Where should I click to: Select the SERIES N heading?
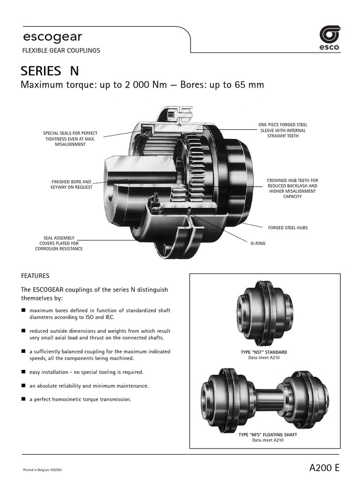(x=50, y=71)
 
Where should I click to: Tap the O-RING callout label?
(x=258, y=244)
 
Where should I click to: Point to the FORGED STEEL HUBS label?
(x=288, y=228)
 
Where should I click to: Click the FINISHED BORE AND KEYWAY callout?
(x=72, y=184)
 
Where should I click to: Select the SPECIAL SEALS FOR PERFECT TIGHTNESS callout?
(x=70, y=139)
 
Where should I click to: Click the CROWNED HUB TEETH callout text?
(x=292, y=188)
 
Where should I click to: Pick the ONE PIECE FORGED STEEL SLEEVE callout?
(x=283, y=130)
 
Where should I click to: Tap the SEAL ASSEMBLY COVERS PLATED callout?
(x=59, y=243)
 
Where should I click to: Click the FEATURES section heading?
(x=35, y=276)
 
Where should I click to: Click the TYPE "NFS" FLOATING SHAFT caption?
(x=268, y=435)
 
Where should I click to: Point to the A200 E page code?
(x=324, y=468)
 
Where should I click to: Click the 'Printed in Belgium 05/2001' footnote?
(x=43, y=470)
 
